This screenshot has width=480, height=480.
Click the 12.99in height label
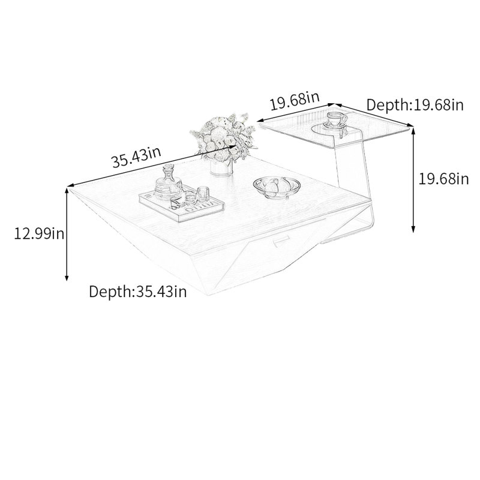(x=39, y=234)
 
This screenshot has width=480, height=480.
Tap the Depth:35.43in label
(x=138, y=292)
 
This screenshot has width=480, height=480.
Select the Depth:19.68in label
(x=415, y=104)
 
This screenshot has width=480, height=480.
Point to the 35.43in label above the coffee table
(x=136, y=157)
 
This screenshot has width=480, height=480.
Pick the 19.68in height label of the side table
(x=443, y=178)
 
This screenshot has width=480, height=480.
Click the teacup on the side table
(x=336, y=120)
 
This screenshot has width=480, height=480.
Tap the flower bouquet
(x=223, y=138)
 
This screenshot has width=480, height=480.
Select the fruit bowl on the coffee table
(x=277, y=187)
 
